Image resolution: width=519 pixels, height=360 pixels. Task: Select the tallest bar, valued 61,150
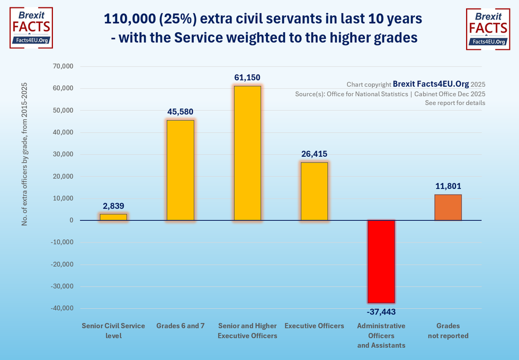[247, 153]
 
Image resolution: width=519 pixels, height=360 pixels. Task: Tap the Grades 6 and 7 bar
[180, 170]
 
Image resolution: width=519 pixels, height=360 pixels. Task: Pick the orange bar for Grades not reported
[448, 208]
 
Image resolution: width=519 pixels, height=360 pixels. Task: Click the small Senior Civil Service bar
[113, 217]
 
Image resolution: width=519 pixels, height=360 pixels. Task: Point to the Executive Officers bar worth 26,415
[315, 191]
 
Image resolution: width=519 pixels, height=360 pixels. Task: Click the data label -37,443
[381, 312]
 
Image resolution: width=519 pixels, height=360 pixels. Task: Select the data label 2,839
[113, 206]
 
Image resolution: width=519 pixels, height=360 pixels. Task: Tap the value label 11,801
[448, 186]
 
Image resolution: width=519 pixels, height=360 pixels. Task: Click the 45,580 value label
[180, 112]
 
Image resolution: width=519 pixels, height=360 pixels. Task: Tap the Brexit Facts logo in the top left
[31, 28]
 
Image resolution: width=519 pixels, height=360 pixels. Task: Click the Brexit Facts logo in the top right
[488, 29]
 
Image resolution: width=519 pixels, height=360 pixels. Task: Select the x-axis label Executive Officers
[315, 326]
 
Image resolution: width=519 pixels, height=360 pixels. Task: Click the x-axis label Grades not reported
[448, 330]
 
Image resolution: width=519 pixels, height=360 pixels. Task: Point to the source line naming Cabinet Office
[390, 94]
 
